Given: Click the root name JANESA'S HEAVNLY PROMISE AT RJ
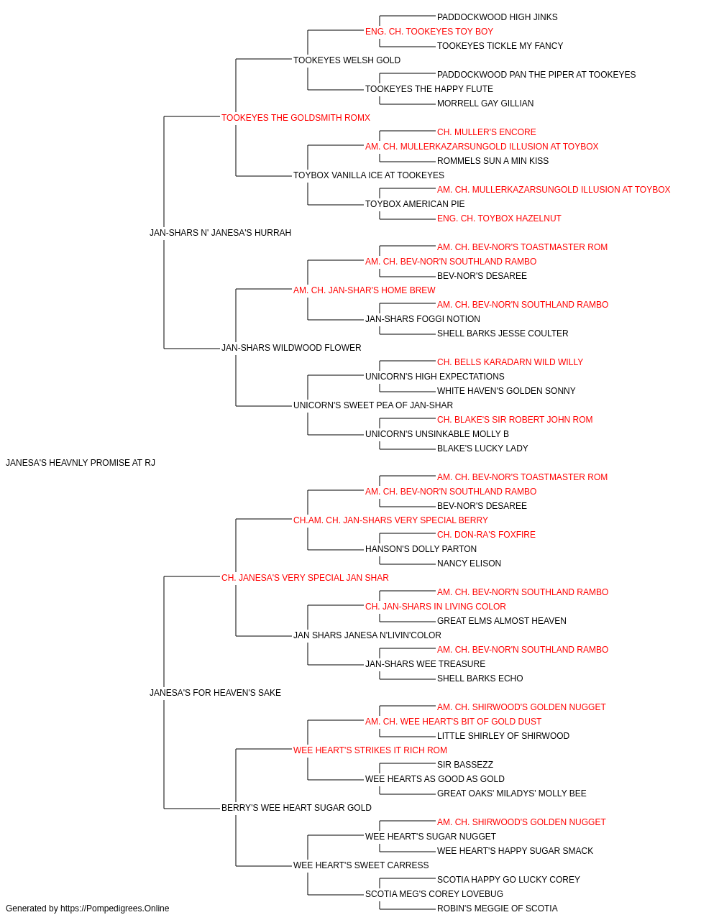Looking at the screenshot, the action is pos(81,463).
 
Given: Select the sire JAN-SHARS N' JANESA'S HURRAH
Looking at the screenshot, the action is pos(220,233).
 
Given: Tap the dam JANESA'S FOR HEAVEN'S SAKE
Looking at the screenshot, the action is pos(215,693).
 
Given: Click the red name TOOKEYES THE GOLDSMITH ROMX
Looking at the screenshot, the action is pos(296,118).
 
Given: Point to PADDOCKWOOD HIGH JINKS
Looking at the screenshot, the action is pos(497,17).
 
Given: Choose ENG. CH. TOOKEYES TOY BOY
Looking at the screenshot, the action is pos(429,32).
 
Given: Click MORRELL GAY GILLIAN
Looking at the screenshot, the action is pos(485,103).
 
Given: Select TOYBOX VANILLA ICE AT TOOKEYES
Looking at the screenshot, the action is pos(368,175).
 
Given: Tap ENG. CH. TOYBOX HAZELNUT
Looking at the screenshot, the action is pos(499,218).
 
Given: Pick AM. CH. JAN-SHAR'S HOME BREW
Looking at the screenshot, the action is pos(364,290).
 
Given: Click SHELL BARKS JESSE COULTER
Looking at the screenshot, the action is pos(503,333).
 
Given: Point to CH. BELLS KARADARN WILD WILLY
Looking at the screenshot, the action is pos(510,362).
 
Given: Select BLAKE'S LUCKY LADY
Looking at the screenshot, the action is pos(482,448).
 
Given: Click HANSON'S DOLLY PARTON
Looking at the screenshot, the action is pos(421,549).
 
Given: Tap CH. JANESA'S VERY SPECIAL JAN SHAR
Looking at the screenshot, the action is pos(305,578).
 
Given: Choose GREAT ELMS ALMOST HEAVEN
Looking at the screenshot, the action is pos(501,621).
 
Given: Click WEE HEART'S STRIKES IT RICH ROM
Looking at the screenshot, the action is pos(370,750).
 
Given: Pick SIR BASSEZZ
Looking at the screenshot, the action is pos(465,765).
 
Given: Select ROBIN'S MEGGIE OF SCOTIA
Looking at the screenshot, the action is pos(497,908).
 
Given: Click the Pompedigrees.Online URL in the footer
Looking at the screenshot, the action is pos(115,908).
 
